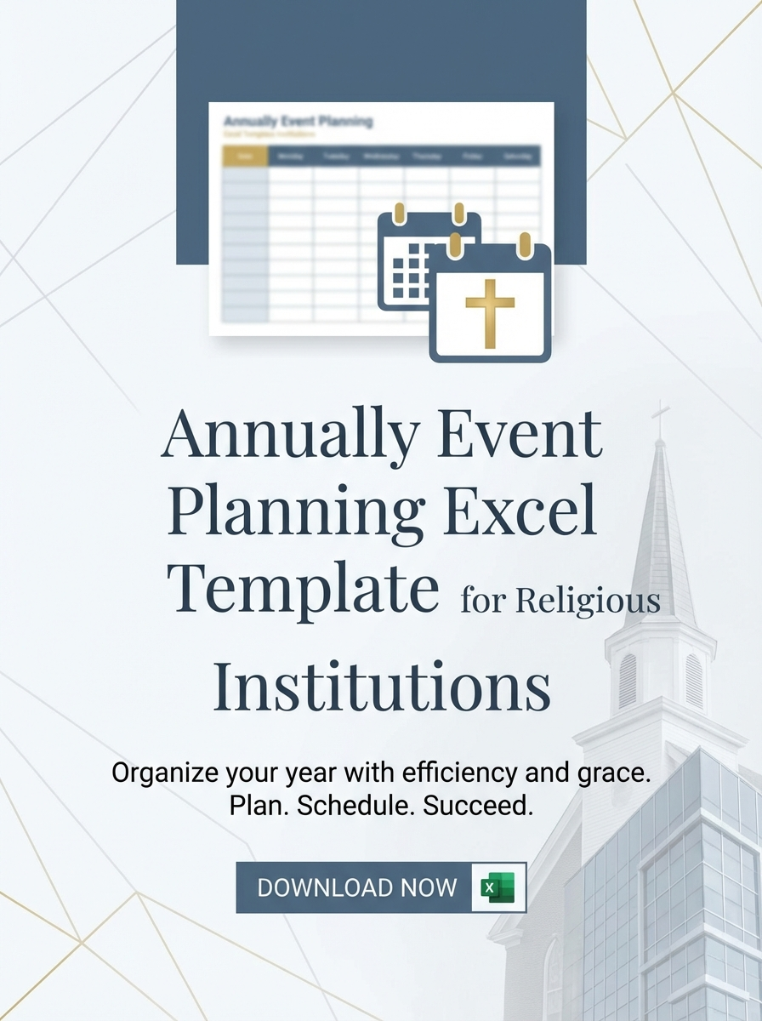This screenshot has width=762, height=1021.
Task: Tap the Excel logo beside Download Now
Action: coord(498,887)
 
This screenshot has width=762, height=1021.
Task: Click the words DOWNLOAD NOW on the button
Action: coord(357,887)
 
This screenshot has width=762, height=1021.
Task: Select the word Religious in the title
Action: coord(588,601)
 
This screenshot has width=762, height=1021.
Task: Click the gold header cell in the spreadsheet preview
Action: coord(245,156)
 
